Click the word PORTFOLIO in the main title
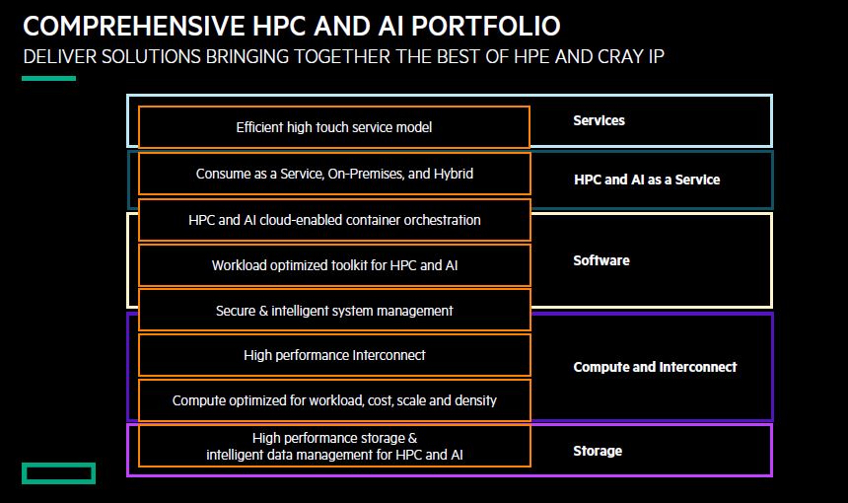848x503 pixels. [486, 26]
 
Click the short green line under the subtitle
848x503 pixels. [48, 79]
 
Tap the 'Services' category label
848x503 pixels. [599, 120]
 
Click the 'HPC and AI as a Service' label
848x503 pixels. [647, 180]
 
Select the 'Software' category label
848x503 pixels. [601, 260]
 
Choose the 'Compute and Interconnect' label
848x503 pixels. [655, 367]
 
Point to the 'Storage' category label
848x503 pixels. [598, 451]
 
